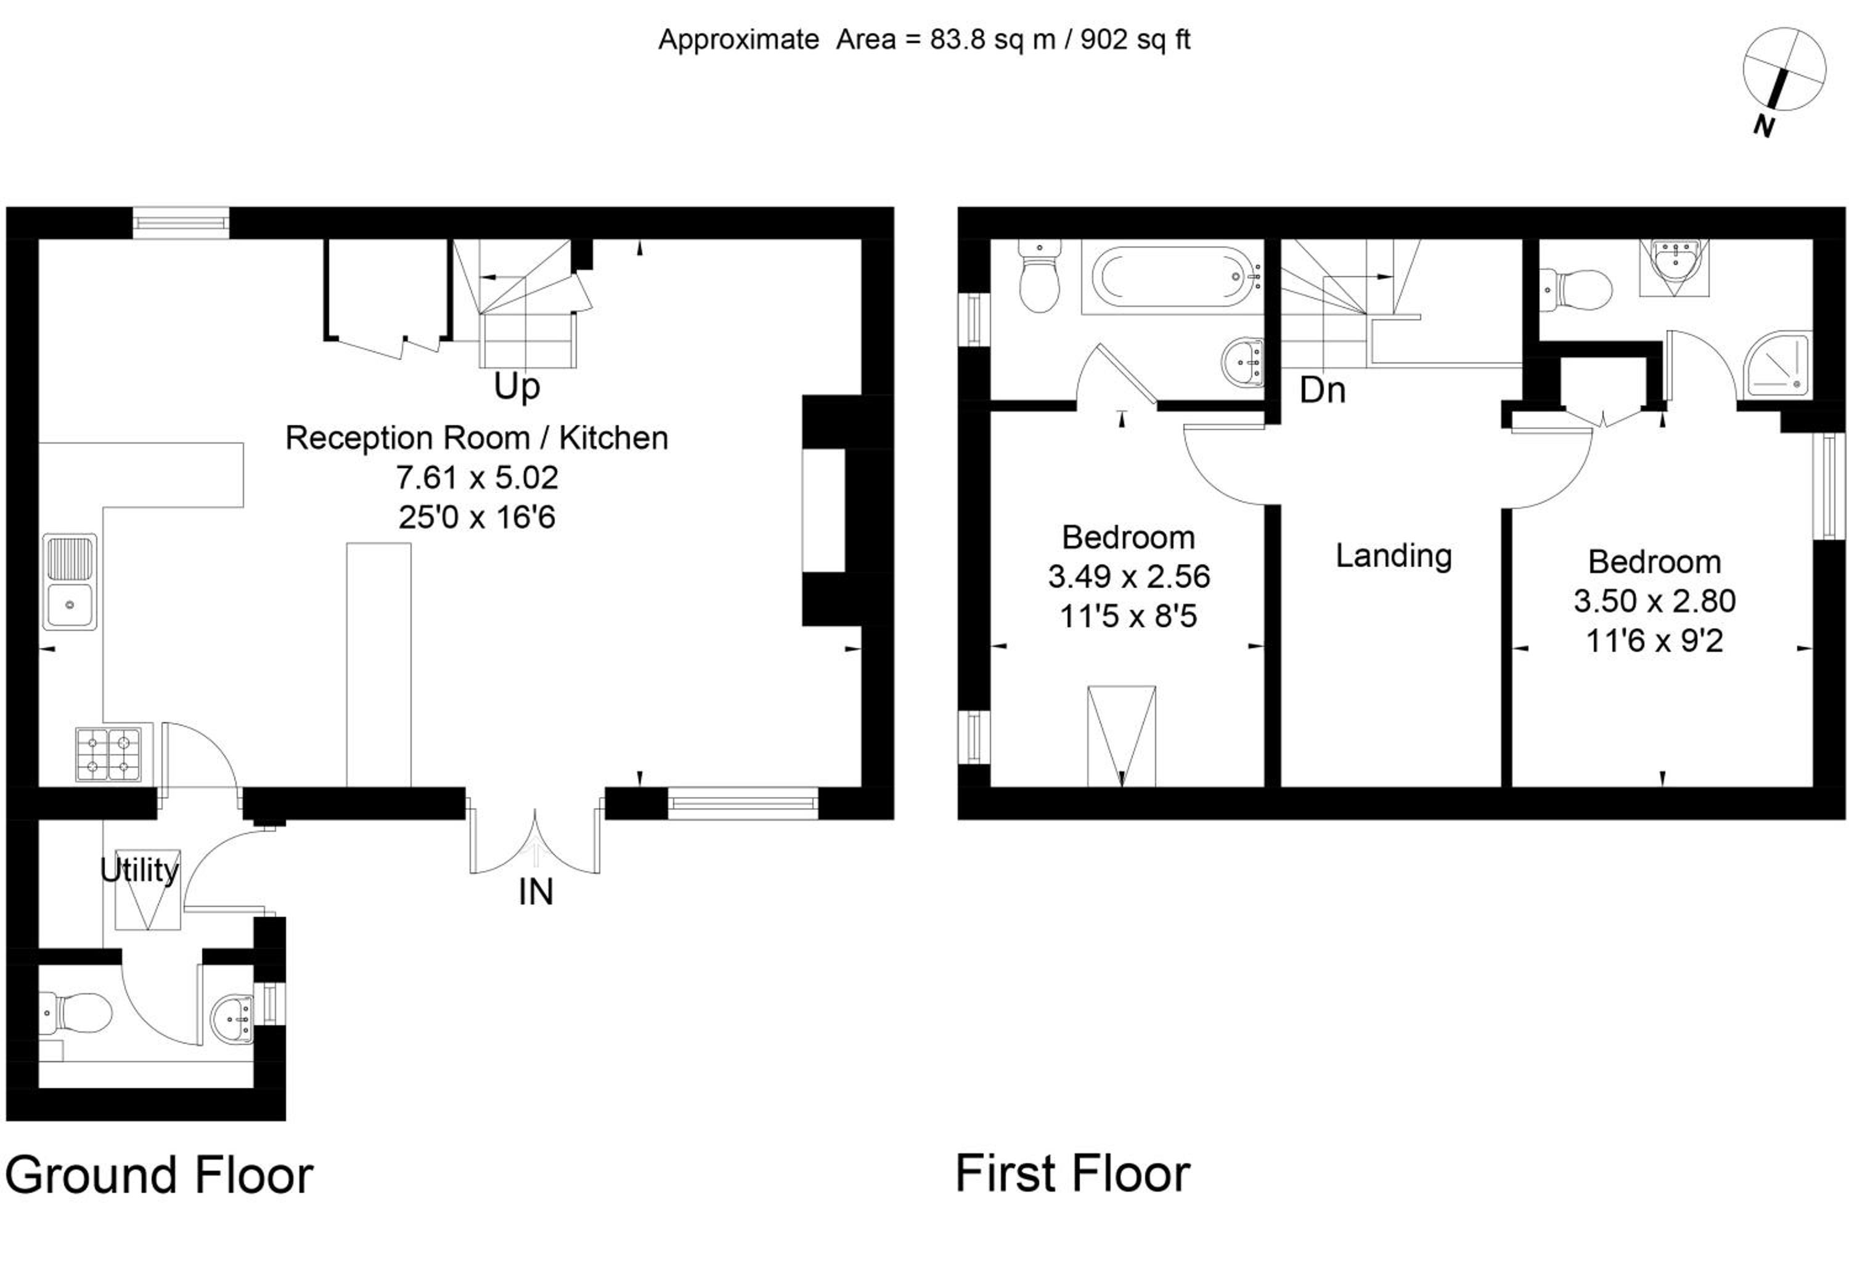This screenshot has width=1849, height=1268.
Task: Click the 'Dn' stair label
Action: [x=1322, y=390]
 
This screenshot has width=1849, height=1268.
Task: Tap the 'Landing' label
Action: [x=1393, y=555]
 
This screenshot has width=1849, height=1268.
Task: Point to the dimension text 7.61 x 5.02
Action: [x=478, y=478]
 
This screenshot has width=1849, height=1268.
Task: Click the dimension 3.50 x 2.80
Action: [x=1655, y=601]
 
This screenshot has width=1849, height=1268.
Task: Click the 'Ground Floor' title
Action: [x=159, y=1175]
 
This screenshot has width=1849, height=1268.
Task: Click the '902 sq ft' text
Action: [x=1135, y=39]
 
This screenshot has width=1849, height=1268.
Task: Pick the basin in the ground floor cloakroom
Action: [x=232, y=1017]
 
